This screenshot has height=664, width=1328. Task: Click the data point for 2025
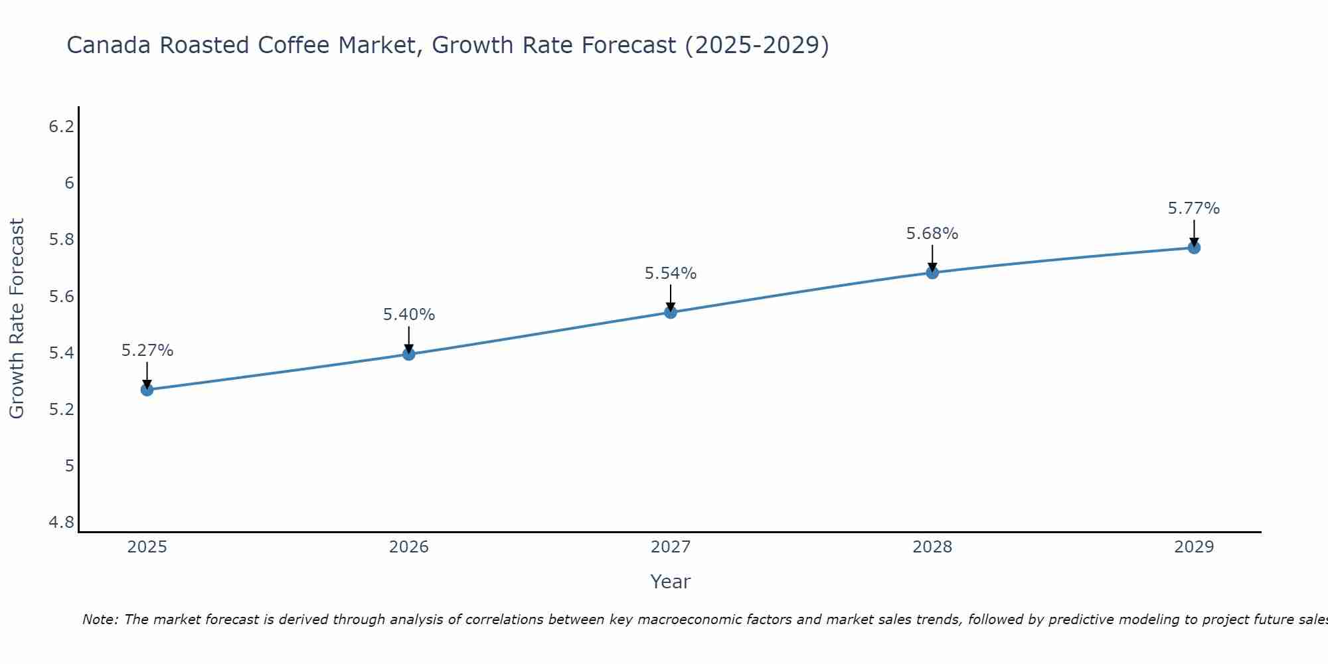click(x=147, y=390)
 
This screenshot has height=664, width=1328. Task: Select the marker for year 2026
click(x=409, y=354)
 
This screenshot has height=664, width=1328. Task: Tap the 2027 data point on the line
click(x=671, y=312)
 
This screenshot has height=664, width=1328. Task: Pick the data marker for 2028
click(x=932, y=272)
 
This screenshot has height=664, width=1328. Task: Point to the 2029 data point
click(x=1194, y=248)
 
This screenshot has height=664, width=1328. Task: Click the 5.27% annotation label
click(x=147, y=351)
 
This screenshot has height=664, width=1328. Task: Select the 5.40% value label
click(x=409, y=315)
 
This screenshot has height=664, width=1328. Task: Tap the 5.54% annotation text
click(x=671, y=274)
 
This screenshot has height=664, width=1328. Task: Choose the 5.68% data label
click(x=932, y=234)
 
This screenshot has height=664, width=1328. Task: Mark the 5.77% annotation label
click(x=1194, y=208)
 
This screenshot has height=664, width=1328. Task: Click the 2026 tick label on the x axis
click(x=409, y=547)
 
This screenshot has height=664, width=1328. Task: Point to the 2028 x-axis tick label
click(x=932, y=547)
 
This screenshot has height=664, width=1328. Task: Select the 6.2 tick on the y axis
click(x=62, y=126)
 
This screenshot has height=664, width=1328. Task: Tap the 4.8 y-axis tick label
click(x=62, y=523)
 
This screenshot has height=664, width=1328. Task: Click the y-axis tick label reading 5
click(x=69, y=466)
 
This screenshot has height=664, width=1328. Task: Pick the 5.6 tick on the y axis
click(x=62, y=296)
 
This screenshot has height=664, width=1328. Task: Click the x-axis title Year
click(x=671, y=582)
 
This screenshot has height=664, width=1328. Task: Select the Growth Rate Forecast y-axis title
click(x=17, y=319)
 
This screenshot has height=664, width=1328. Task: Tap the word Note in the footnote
click(x=100, y=620)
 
